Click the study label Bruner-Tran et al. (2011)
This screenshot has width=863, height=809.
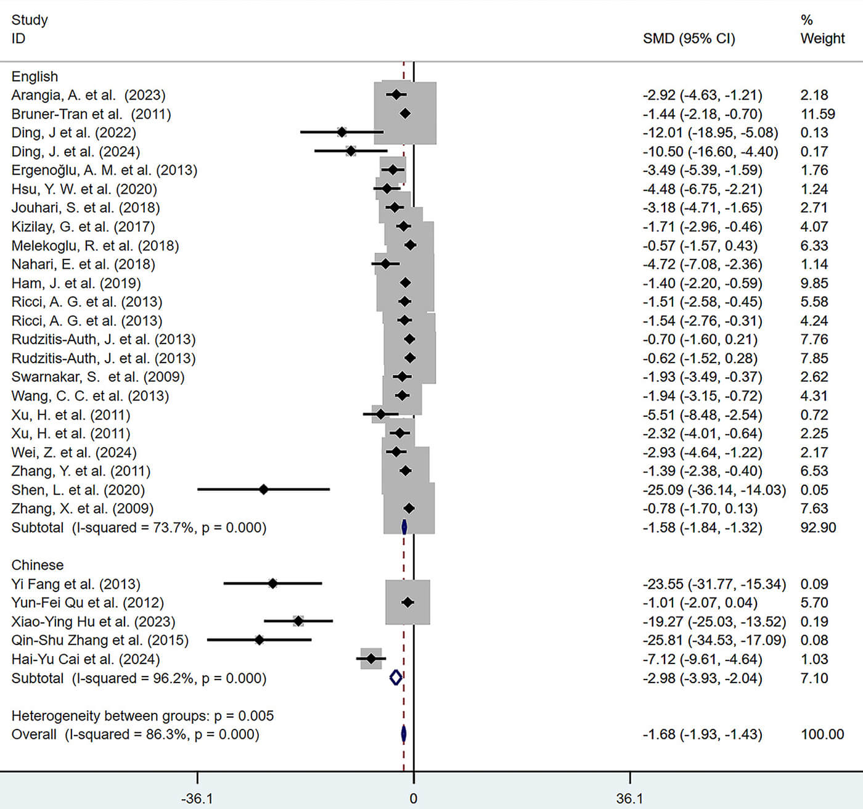coord(91,114)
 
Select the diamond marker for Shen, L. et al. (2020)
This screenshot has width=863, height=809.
coord(264,490)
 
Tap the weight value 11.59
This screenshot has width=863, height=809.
coord(817,114)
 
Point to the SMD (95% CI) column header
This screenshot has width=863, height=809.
coord(689,38)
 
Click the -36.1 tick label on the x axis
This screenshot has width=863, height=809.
coord(197,799)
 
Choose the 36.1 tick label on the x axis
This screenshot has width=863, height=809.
coord(629,799)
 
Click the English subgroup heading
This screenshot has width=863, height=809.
coord(35,76)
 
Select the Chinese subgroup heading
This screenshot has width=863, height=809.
coord(38,565)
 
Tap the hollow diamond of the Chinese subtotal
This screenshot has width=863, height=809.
coord(396,678)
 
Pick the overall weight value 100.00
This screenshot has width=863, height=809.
coord(822,734)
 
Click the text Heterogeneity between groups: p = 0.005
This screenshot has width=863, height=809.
coord(142,716)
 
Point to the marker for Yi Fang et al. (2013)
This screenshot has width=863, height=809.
coord(272,583)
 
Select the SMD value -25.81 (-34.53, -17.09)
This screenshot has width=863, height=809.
coord(714,640)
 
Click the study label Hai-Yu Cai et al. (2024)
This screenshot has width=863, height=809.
coord(86,659)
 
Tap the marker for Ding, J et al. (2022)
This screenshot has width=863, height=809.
coord(342,132)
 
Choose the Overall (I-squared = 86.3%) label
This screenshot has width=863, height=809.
coord(135,734)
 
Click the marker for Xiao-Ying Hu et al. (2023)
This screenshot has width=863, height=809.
coord(298,621)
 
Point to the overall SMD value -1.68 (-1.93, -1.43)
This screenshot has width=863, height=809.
coord(702,734)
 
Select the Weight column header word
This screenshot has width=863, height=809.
coord(822,38)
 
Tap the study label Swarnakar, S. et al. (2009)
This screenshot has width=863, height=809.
coord(98,377)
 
